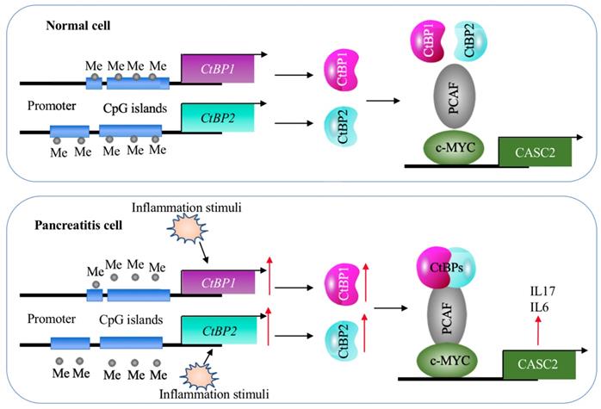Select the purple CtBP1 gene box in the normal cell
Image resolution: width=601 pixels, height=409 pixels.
[216, 68]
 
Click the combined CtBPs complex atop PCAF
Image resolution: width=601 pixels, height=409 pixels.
[443, 265]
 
